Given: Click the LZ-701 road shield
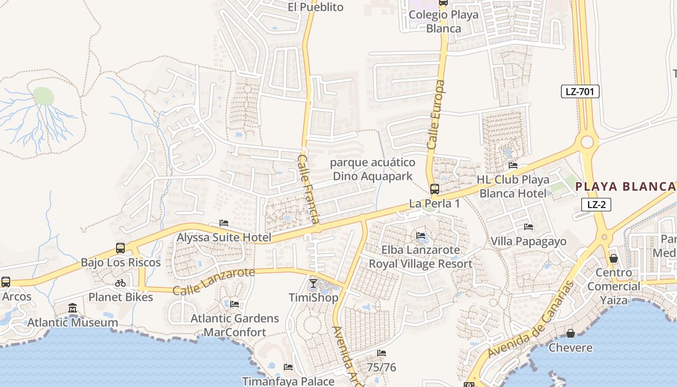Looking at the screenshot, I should click(580, 91).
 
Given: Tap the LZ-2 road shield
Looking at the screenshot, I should click(596, 205).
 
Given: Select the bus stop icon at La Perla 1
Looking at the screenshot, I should click(435, 189).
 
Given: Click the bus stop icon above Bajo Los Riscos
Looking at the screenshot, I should click(120, 248).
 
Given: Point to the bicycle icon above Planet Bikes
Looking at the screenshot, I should click(120, 283).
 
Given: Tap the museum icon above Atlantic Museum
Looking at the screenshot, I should click(73, 308).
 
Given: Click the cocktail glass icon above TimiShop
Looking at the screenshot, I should click(313, 283).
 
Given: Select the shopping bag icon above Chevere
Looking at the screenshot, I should click(571, 333).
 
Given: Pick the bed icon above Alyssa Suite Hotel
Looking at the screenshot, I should click(224, 223).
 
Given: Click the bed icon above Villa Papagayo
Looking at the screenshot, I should click(529, 227).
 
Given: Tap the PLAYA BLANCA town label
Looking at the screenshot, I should click(625, 187).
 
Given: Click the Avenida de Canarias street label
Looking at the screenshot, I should click(530, 320).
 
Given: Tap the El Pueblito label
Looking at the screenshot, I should click(315, 7).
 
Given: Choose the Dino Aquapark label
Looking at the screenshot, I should click(372, 176).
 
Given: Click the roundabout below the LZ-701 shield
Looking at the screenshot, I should click(587, 142).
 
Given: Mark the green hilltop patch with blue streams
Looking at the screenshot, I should click(44, 96).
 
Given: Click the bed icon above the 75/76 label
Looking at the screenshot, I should click(382, 354).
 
